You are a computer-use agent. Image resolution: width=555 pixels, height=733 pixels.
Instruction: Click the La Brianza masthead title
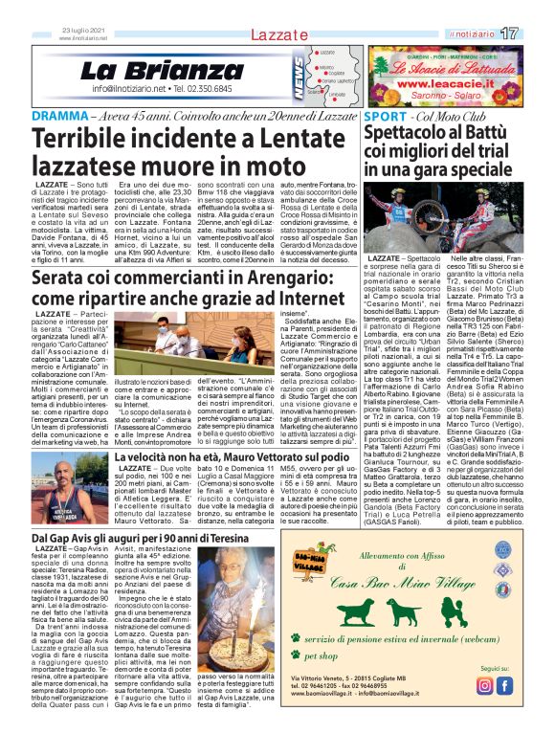click(147, 70)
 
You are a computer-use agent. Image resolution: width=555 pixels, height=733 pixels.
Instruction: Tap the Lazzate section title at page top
click(277, 34)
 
